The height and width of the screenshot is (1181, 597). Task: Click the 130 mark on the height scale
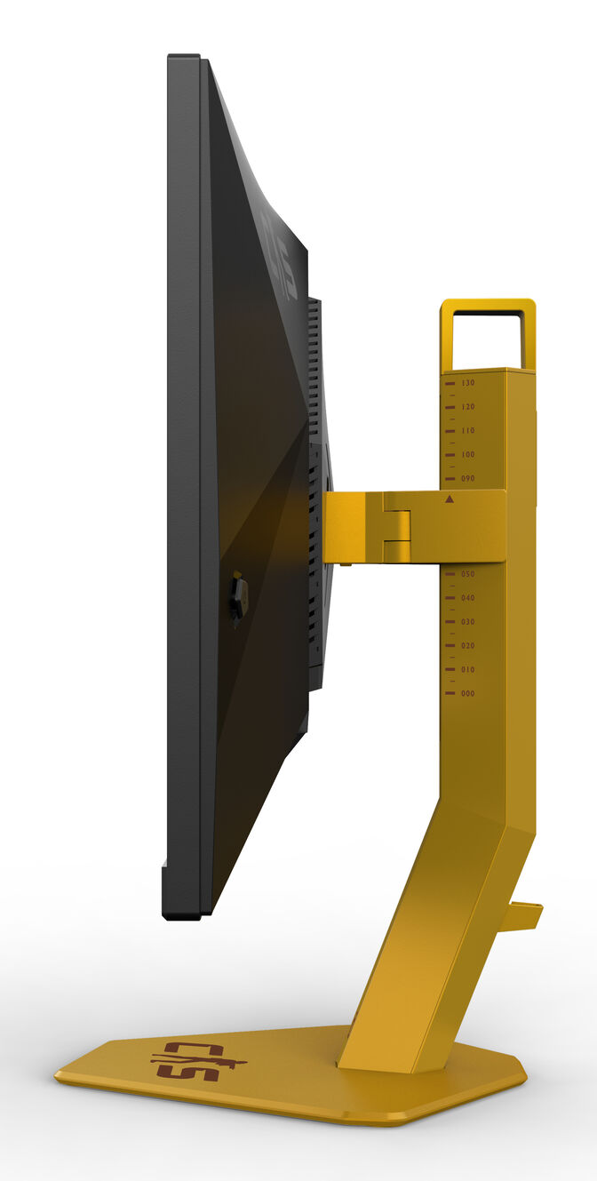[x=468, y=383]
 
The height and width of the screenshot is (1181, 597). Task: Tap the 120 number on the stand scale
[x=468, y=407]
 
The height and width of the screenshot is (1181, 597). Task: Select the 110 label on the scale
[x=468, y=431]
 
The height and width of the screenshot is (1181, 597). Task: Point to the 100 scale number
[x=468, y=455]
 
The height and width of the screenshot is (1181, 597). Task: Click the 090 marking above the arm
[x=468, y=479]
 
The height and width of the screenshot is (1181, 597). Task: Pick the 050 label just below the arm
[x=468, y=574]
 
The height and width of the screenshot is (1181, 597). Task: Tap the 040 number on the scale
[x=468, y=598]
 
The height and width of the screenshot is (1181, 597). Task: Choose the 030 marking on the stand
[x=468, y=622]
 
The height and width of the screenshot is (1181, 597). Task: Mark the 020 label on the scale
[x=468, y=646]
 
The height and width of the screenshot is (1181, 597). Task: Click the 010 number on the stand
[x=468, y=670]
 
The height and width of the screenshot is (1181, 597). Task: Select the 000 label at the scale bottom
[x=468, y=694]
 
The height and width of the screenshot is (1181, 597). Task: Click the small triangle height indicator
[x=450, y=499]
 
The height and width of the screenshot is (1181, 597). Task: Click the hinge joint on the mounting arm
[x=397, y=526]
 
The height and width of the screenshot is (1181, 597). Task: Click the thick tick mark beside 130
[x=450, y=384]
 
